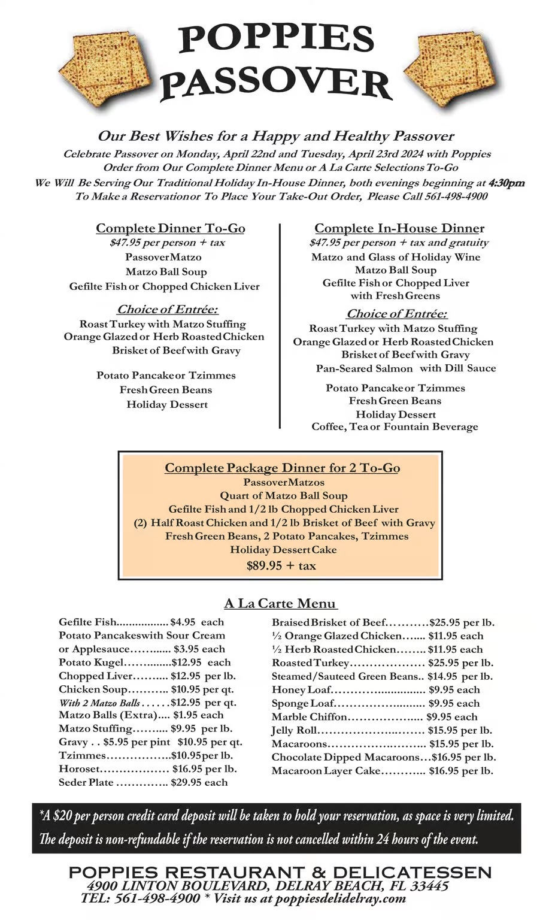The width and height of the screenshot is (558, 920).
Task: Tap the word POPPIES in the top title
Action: point(276,40)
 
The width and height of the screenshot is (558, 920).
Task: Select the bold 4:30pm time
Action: point(507,183)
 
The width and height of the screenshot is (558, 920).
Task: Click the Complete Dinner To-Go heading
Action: point(171,228)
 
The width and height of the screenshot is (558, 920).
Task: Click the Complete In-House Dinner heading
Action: point(399,228)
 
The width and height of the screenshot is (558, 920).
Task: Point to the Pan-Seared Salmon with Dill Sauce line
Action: point(406,368)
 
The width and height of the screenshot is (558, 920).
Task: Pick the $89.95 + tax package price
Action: point(281,565)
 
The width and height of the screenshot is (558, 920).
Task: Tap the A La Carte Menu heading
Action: point(280,603)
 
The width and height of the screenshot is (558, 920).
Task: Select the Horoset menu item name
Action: point(79,768)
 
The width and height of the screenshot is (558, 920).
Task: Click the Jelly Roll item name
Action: point(294,730)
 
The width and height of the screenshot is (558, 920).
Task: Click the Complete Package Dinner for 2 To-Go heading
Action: point(282,468)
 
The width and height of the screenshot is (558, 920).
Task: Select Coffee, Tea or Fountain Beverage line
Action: point(395,426)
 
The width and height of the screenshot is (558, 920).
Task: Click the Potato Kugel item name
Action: point(90,662)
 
